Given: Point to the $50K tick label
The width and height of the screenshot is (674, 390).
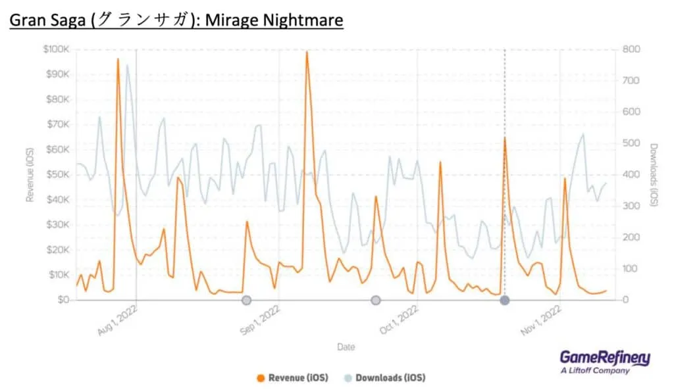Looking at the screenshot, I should click(x=59, y=174).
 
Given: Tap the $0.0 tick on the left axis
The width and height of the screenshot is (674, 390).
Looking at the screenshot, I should click(x=61, y=300).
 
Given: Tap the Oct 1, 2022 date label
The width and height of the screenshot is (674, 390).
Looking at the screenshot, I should click(x=399, y=321).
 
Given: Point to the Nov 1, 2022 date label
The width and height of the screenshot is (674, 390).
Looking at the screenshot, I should click(x=541, y=321).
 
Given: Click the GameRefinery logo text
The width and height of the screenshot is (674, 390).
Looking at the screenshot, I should click(x=604, y=358).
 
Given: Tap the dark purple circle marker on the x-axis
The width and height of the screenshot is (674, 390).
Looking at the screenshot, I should click(x=504, y=301).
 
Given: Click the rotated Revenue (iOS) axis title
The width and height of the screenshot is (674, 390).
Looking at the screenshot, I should click(x=30, y=174).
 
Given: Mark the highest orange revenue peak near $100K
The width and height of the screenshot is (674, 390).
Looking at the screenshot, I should click(x=307, y=52).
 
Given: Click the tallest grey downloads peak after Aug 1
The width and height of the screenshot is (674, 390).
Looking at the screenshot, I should click(x=127, y=65).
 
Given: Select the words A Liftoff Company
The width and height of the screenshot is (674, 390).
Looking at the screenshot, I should click(x=594, y=371).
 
